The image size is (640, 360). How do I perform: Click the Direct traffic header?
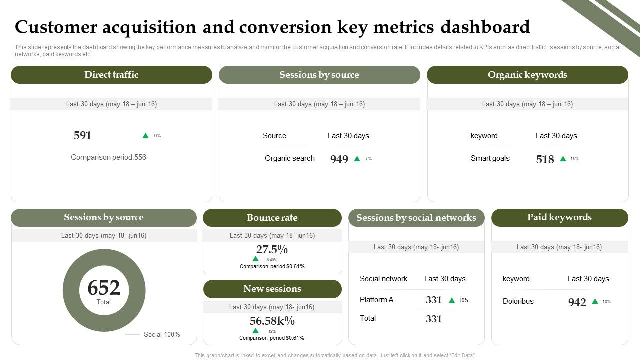(x=111, y=75)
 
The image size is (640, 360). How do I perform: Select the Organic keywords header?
(x=527, y=75)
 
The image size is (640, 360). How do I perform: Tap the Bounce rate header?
(x=272, y=218)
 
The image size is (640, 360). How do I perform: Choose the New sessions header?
(x=272, y=289)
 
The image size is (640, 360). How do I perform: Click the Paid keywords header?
(x=559, y=217)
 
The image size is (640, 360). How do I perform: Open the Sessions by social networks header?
(x=416, y=218)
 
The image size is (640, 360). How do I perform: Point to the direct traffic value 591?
(x=83, y=135)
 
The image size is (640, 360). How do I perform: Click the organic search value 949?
(x=339, y=159)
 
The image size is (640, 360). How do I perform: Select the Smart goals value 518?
(x=545, y=159)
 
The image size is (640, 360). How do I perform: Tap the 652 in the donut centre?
(x=104, y=288)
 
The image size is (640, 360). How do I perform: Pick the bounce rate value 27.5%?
(x=272, y=249)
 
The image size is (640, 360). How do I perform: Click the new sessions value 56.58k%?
(x=272, y=321)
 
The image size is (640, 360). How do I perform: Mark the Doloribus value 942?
(x=577, y=302)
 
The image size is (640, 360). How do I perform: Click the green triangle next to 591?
(x=146, y=136)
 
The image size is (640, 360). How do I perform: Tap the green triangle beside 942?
(x=595, y=301)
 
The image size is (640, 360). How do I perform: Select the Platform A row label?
(x=376, y=300)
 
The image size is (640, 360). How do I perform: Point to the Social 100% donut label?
(x=162, y=334)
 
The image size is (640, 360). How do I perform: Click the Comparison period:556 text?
(x=108, y=157)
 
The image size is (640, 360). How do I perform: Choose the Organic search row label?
(x=290, y=158)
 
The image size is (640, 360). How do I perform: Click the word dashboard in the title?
(x=485, y=27)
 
